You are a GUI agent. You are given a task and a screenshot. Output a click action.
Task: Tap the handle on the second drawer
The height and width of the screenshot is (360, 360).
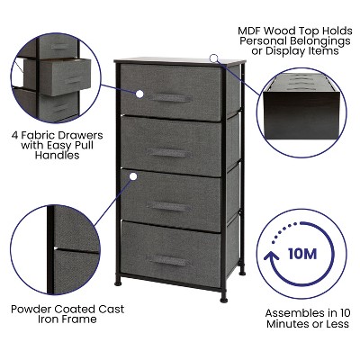pyautogui.click(x=168, y=148)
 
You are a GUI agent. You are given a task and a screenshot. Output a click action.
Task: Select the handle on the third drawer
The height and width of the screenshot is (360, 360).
pyautogui.click(x=168, y=206)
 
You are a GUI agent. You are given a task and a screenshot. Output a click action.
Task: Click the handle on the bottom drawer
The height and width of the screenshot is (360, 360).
pyautogui.click(x=168, y=261)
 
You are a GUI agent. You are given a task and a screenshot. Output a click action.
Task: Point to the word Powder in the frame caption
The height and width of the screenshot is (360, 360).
pyautogui.click(x=33, y=309)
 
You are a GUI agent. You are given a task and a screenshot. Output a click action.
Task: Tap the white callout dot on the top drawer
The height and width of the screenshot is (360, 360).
pyautogui.click(x=139, y=93)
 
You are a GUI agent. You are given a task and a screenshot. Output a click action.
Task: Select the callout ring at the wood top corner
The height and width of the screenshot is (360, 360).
pyautogui.click(x=214, y=58)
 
